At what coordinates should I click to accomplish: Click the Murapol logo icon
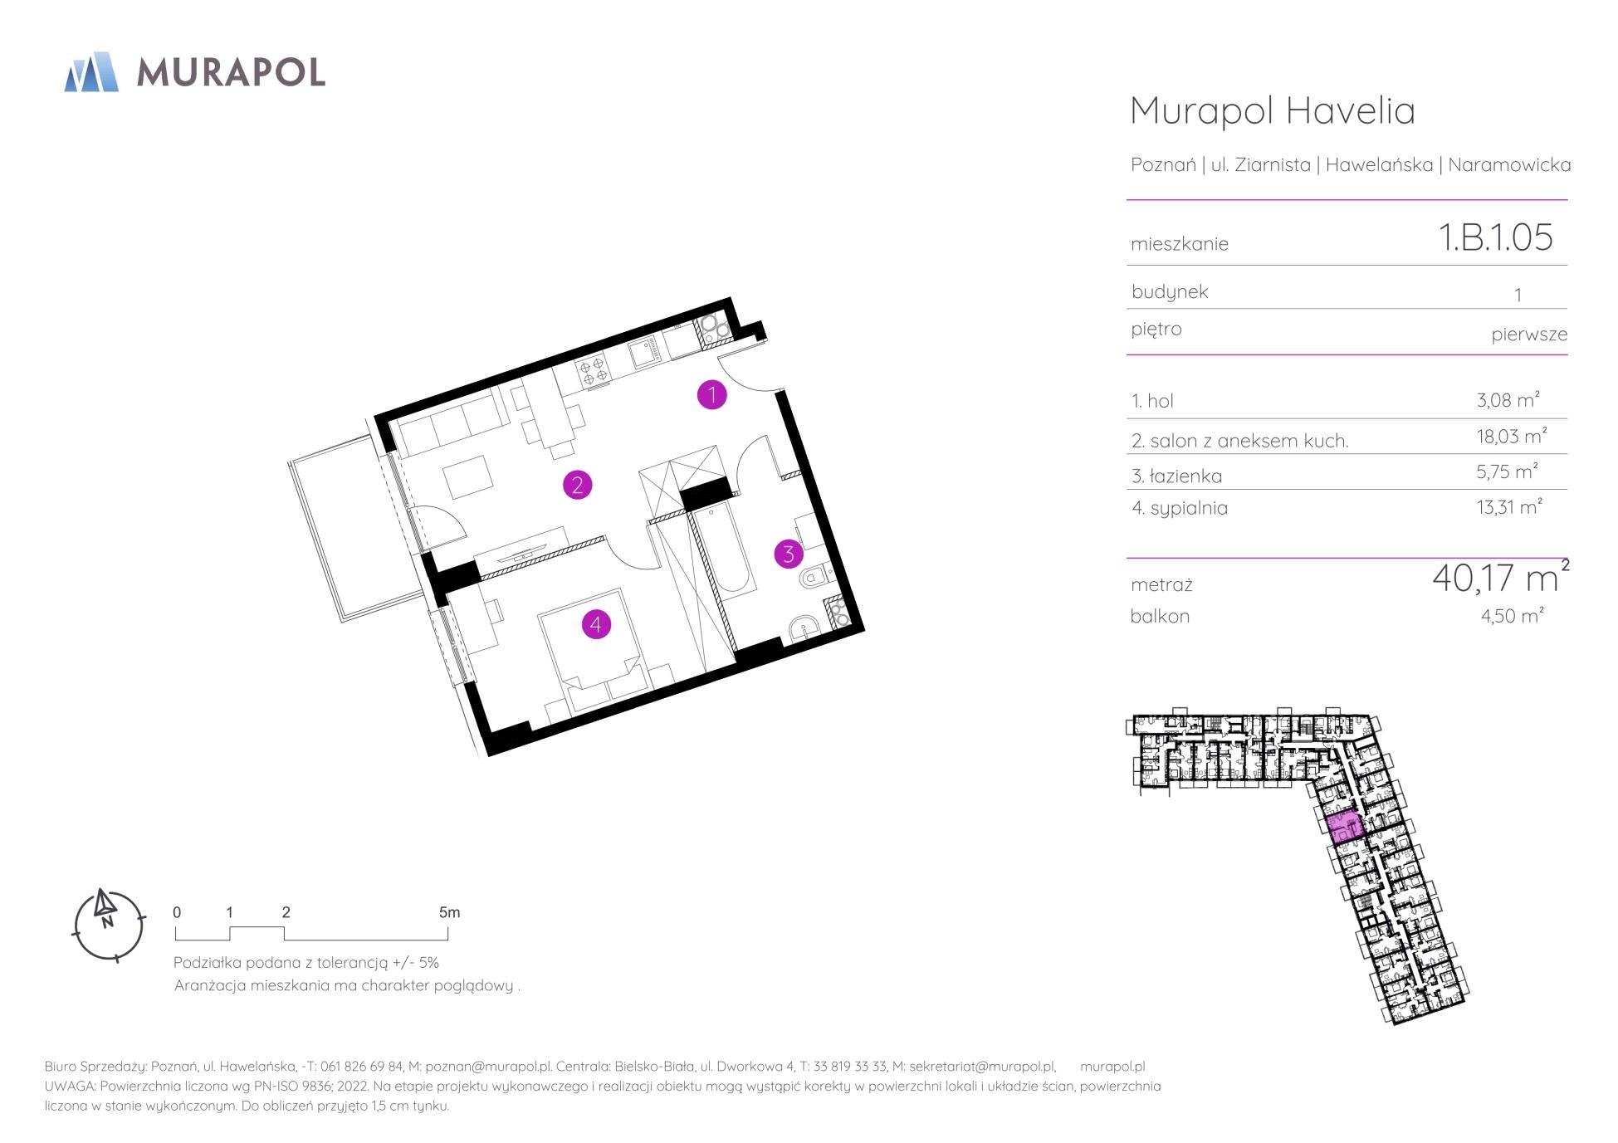pyautogui.click(x=91, y=71)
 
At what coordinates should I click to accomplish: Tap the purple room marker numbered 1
pyautogui.click(x=711, y=395)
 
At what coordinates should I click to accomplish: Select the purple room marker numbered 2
pyautogui.click(x=577, y=485)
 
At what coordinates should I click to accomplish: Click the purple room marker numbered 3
pyautogui.click(x=789, y=554)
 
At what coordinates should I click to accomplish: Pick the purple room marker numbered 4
pyautogui.click(x=596, y=624)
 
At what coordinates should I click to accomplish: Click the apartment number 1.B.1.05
pyautogui.click(x=1495, y=237)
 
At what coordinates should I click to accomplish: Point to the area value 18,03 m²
pyautogui.click(x=1511, y=437)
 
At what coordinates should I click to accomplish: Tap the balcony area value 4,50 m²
pyautogui.click(x=1512, y=615)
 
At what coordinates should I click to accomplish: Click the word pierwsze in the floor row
pyautogui.click(x=1529, y=335)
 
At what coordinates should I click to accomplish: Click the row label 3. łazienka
pyautogui.click(x=1176, y=476)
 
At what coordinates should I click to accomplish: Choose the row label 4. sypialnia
pyautogui.click(x=1179, y=508)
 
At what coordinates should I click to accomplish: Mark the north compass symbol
pyautogui.click(x=109, y=925)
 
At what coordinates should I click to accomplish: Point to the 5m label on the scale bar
pyautogui.click(x=449, y=912)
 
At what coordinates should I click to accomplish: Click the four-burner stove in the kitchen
pyautogui.click(x=594, y=370)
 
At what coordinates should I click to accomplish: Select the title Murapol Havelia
pyautogui.click(x=1273, y=110)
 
